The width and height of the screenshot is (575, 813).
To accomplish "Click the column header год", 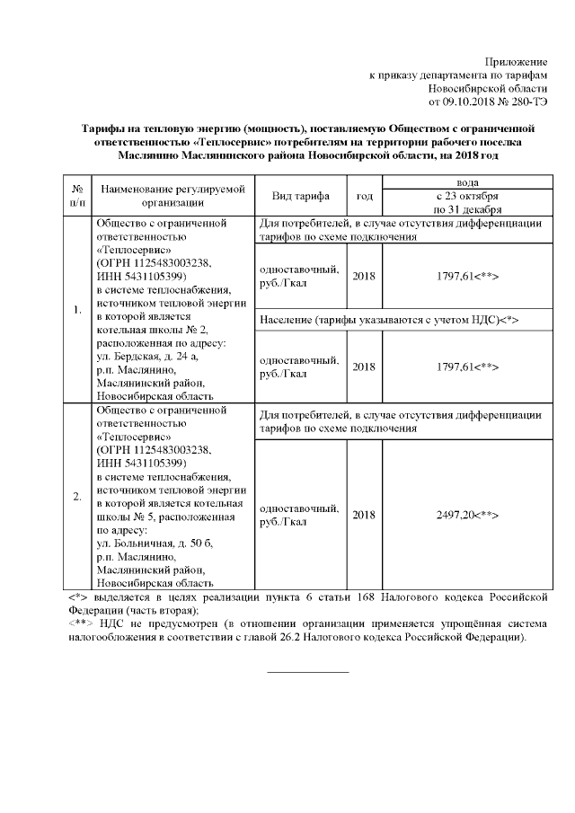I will click(364, 196).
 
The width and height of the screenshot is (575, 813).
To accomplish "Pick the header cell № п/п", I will click(77, 196).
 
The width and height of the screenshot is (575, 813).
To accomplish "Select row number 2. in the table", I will click(77, 496).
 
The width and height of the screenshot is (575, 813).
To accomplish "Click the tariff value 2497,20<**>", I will click(467, 515).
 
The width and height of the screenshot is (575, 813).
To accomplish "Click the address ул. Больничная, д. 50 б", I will click(154, 543).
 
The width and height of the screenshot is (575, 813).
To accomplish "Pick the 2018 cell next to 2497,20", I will click(364, 515).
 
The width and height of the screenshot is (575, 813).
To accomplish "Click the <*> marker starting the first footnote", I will click(77, 596).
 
